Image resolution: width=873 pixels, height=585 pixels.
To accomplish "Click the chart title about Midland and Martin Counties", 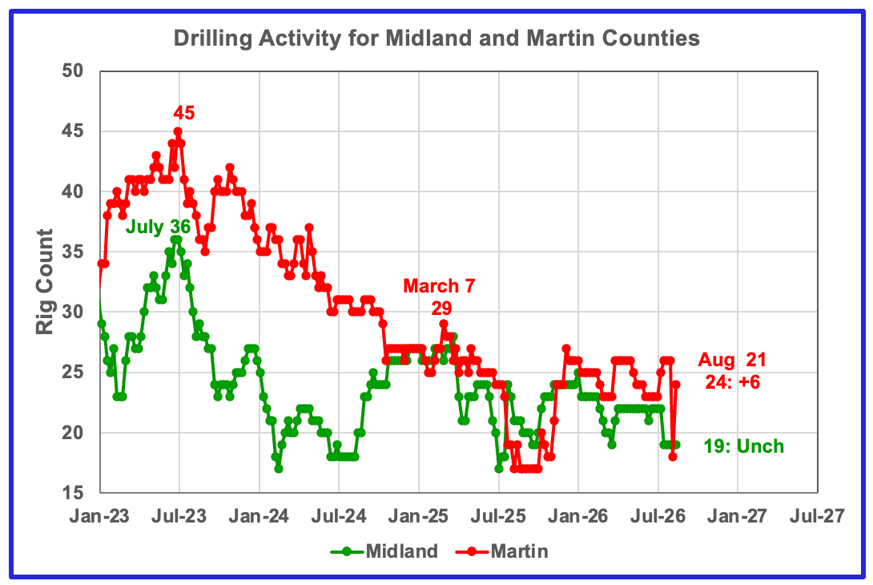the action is coord(436,38).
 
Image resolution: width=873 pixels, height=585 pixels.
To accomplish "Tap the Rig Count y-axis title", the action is coord(45,282).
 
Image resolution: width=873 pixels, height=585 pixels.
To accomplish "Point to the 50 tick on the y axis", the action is coord(72,71).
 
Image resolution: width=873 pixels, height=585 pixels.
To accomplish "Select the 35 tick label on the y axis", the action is coord(72,252).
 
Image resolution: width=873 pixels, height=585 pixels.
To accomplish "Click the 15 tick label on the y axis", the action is coord(72,493).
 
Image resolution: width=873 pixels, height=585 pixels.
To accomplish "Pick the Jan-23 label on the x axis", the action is coord(99,516).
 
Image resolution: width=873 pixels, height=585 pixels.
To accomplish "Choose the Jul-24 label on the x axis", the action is coord(339,516).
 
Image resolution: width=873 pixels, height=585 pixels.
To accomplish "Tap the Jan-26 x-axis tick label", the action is coord(578,516).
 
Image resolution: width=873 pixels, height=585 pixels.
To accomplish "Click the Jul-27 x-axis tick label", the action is coord(817,516).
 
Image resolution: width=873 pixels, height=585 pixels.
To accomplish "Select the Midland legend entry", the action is coord(384,551).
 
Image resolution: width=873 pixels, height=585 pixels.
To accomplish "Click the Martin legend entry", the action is coord(502,551).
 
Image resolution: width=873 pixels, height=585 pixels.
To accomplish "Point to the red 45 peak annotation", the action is coord(183,112).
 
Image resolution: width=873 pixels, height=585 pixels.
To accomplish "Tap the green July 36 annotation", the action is coord(158,227).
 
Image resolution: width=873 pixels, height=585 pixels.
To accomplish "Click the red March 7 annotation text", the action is coord(439,286).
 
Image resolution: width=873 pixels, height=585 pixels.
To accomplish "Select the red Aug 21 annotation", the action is coord(732,360).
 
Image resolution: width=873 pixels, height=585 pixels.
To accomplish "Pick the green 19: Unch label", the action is coord(744,446).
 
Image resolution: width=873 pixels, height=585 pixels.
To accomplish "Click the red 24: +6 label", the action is coord(733,382).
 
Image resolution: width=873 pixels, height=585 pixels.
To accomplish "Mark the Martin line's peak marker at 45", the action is coord(178,131).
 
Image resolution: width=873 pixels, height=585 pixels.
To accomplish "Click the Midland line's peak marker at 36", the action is coord(176,240).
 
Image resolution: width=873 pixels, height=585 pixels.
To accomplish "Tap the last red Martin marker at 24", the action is coord(676,385).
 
